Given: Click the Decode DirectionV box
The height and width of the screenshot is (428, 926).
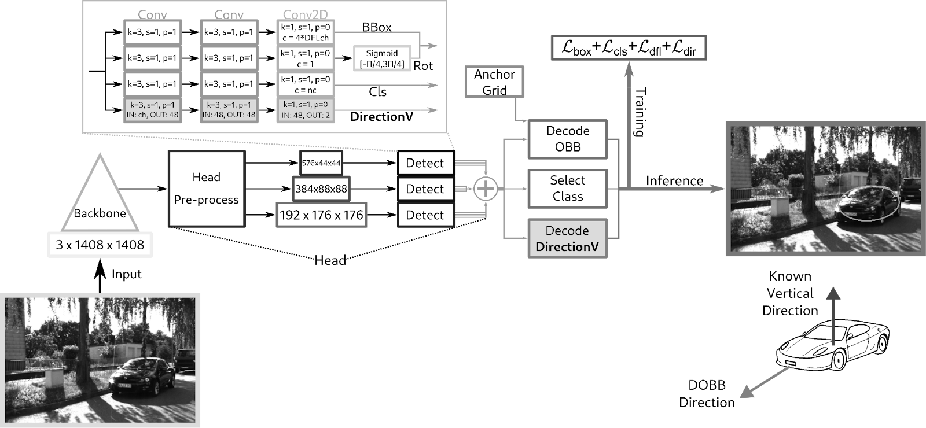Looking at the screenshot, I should (567, 238).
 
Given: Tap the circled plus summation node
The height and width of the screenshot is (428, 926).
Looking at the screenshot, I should (486, 189).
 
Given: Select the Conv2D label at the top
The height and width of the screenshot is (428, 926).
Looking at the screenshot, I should (305, 14).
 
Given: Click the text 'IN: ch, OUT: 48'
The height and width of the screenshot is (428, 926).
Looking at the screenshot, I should (152, 115).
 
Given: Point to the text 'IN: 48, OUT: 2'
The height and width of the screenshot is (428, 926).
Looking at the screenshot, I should (306, 115).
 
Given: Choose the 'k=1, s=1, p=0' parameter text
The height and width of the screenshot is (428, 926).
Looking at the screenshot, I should (306, 105).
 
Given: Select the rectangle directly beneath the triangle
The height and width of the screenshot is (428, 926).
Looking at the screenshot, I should (100, 244).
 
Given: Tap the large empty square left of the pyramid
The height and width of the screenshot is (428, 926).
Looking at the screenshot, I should (207, 189).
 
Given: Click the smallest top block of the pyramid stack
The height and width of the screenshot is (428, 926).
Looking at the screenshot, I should (321, 163).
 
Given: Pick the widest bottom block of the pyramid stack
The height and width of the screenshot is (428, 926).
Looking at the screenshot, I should (321, 215).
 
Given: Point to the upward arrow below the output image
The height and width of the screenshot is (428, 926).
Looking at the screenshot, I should (833, 315).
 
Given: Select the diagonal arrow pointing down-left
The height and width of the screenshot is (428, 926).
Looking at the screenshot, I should (765, 382).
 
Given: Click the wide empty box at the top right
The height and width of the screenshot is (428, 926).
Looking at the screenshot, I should (629, 47).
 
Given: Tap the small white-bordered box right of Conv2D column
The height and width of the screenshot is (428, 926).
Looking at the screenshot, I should (382, 58).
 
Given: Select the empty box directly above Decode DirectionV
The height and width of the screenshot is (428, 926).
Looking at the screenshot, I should (567, 189).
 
